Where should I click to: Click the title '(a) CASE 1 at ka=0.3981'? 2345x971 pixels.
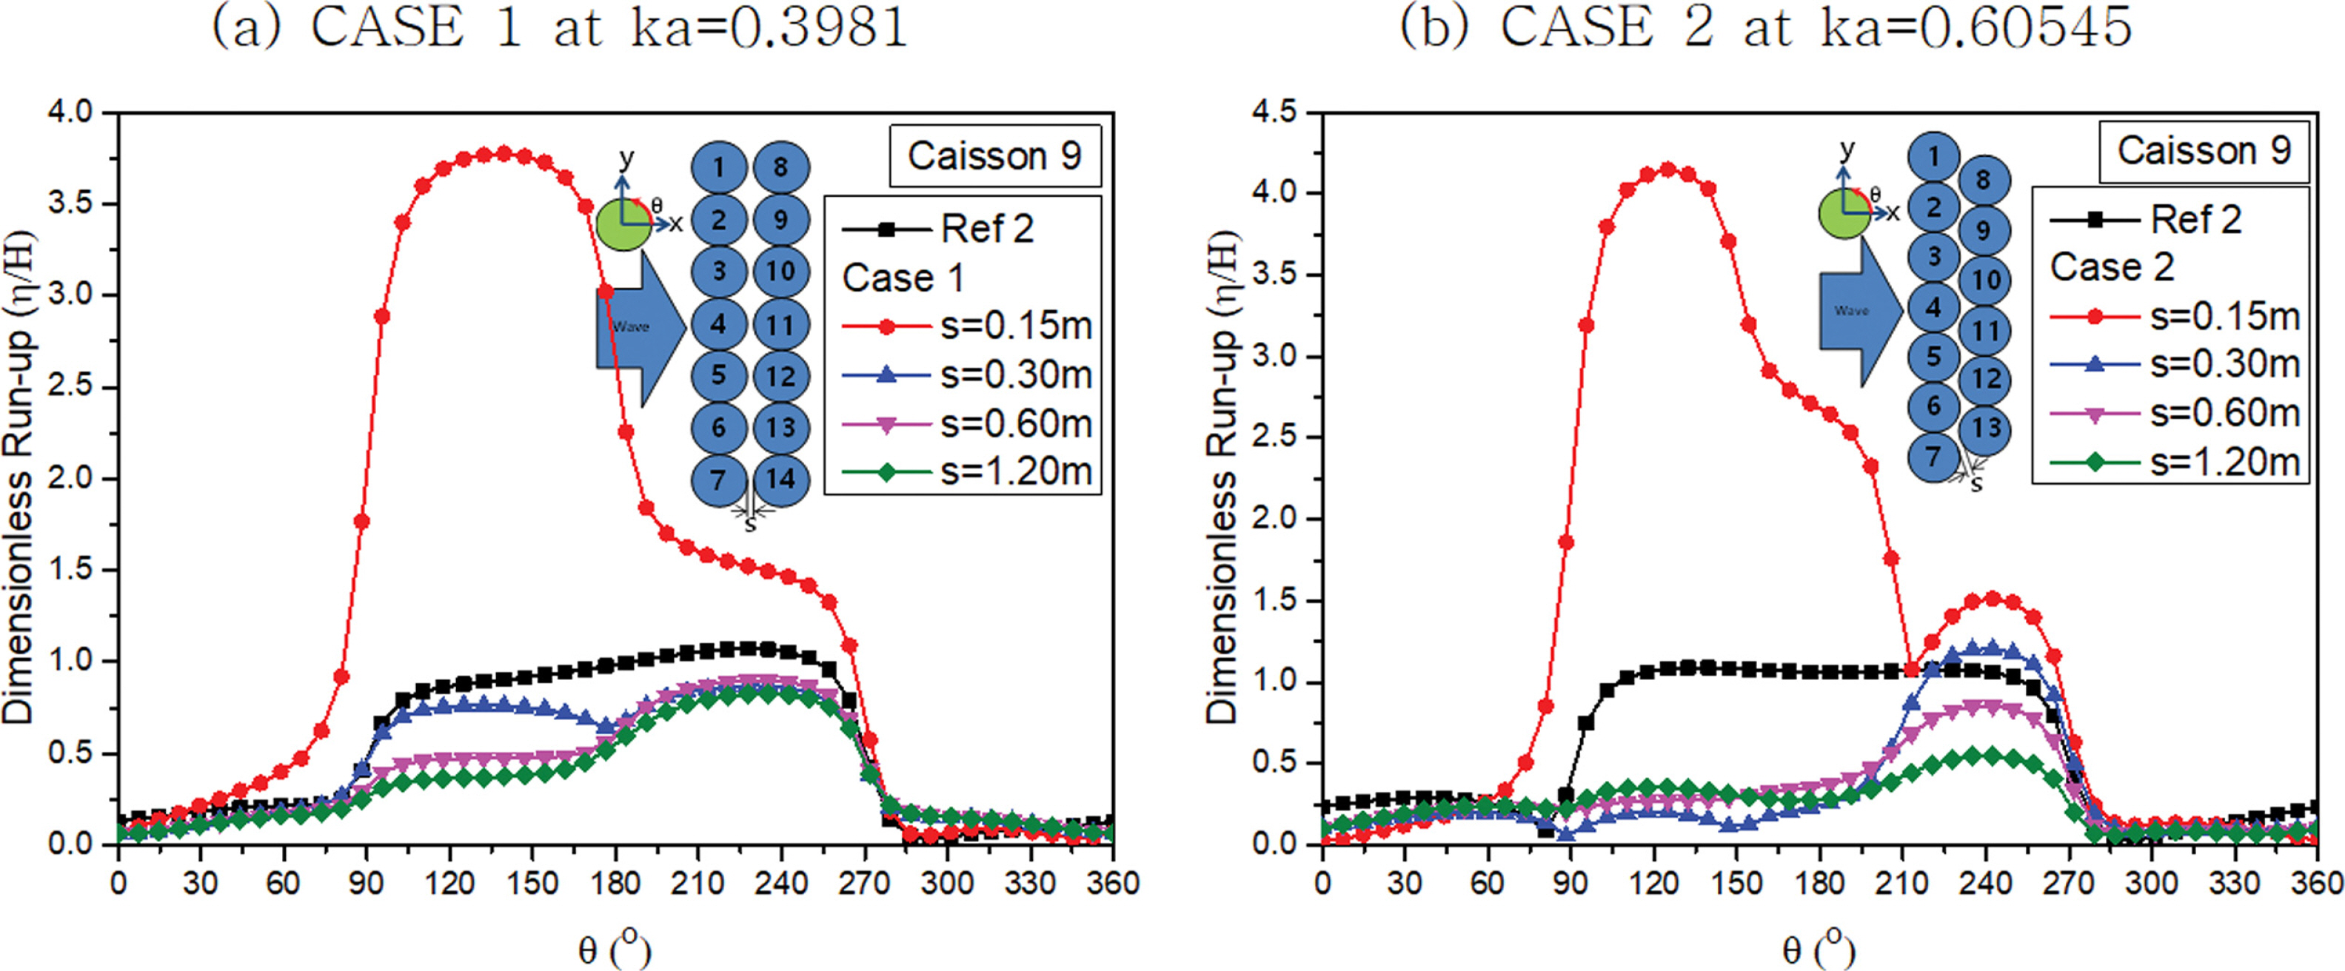click(x=560, y=27)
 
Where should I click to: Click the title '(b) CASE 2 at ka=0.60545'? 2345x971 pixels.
click(x=1766, y=27)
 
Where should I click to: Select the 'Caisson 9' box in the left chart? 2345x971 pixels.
click(x=994, y=155)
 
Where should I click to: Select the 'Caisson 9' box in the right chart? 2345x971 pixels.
click(x=2203, y=150)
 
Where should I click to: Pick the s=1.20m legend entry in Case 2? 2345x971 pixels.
click(x=2175, y=463)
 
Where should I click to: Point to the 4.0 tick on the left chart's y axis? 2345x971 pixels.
click(x=71, y=112)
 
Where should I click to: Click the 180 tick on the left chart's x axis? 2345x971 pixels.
click(x=615, y=883)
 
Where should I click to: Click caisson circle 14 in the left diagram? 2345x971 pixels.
click(x=781, y=480)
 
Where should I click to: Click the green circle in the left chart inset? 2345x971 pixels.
click(x=623, y=224)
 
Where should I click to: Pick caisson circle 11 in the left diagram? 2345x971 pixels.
click(x=781, y=325)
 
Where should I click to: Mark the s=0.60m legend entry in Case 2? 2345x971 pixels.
click(x=2175, y=413)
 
